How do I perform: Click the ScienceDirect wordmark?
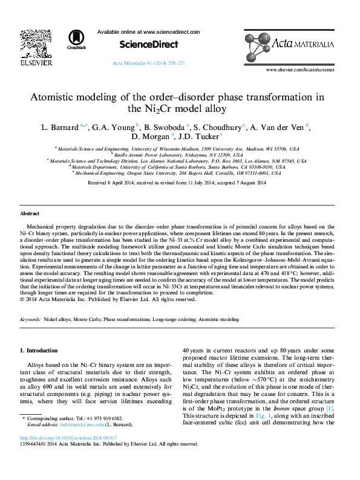[148, 44]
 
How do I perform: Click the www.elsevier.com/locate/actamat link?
[301, 70]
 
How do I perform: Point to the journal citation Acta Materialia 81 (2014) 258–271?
[149, 63]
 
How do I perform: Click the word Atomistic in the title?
[62, 97]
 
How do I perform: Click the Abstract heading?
[30, 214]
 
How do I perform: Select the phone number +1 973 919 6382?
[103, 418]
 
